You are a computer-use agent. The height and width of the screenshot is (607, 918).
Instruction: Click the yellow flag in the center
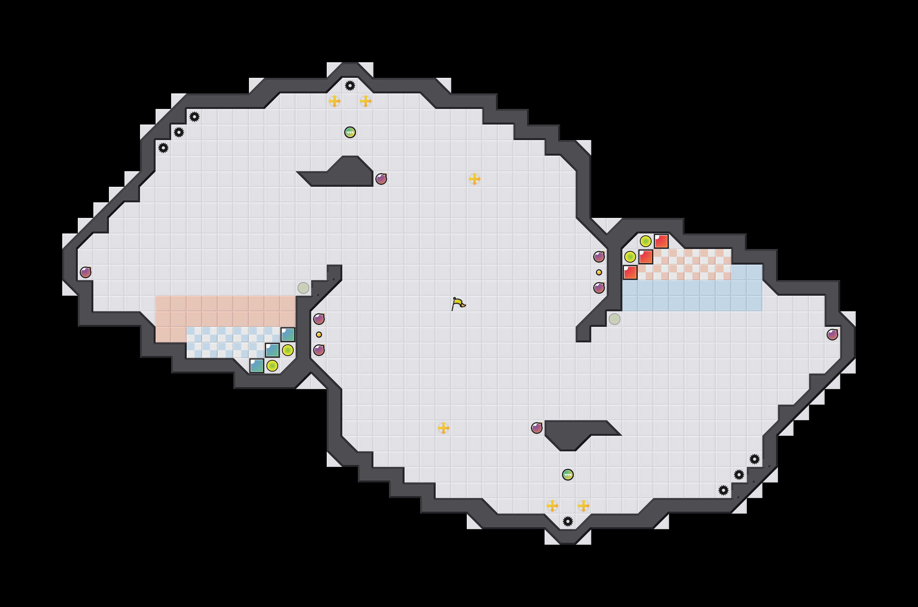pyautogui.click(x=458, y=303)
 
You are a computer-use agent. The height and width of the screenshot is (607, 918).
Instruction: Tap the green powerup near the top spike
pyautogui.click(x=350, y=132)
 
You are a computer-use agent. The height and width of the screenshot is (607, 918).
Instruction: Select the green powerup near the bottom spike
pyautogui.click(x=568, y=475)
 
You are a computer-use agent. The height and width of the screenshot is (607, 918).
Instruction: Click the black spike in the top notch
pyautogui.click(x=350, y=86)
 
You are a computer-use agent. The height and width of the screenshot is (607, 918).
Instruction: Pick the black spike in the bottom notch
pyautogui.click(x=568, y=521)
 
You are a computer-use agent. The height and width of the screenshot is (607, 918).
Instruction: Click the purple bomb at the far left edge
pyautogui.click(x=86, y=272)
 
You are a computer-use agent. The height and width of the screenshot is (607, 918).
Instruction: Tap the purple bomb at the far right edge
pyautogui.click(x=832, y=335)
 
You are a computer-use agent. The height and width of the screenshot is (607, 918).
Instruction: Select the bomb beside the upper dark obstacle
pyautogui.click(x=381, y=179)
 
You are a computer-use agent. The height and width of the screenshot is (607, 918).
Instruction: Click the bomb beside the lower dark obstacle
pyautogui.click(x=537, y=428)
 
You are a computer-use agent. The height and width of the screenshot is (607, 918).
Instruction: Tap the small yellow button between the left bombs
pyautogui.click(x=319, y=335)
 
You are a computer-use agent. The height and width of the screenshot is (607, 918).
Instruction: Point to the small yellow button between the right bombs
pyautogui.click(x=599, y=272)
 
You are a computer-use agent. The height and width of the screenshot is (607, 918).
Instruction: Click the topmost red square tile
pyautogui.click(x=661, y=241)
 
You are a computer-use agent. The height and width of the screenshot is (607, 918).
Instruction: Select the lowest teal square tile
pyautogui.click(x=257, y=366)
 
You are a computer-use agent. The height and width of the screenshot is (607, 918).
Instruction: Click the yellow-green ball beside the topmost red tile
pyautogui.click(x=646, y=241)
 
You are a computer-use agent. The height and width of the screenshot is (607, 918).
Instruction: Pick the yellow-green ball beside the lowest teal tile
pyautogui.click(x=272, y=366)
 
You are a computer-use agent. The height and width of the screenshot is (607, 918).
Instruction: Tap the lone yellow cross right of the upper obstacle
pyautogui.click(x=475, y=179)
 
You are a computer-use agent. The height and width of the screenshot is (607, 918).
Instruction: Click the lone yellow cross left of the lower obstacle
pyautogui.click(x=443, y=428)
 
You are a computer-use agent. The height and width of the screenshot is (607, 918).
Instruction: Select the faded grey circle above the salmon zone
pyautogui.click(x=303, y=288)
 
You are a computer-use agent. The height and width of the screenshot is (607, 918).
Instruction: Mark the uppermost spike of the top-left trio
pyautogui.click(x=194, y=117)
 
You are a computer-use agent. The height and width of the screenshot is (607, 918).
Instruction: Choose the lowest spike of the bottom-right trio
pyautogui.click(x=724, y=490)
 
